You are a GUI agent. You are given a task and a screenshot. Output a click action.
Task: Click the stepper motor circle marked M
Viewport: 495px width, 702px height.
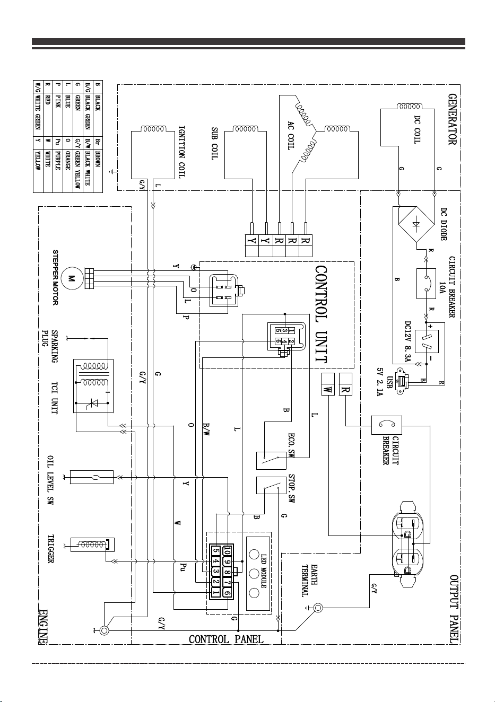tap(72, 278)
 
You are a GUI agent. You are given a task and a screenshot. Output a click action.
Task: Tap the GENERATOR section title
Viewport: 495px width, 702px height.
tap(452, 119)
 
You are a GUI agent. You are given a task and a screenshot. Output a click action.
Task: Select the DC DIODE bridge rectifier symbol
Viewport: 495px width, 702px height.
tap(416, 224)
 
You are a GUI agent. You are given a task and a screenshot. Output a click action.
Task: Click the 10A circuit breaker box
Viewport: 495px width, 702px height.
tap(426, 284)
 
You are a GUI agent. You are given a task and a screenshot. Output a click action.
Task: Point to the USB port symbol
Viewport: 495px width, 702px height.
tap(403, 381)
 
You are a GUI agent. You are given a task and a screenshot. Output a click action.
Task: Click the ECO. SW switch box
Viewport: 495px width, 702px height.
tap(271, 461)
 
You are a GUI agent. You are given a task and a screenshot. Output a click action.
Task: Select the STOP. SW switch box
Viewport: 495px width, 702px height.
tap(271, 486)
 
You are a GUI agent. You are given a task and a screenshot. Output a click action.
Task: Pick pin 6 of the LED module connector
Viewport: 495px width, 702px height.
tap(228, 593)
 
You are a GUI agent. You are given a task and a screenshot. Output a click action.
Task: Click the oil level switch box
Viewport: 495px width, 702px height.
tap(92, 477)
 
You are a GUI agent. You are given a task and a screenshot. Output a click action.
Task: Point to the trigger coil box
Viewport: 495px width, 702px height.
tap(92, 545)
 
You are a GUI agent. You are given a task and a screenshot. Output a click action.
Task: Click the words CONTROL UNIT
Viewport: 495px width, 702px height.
tap(321, 314)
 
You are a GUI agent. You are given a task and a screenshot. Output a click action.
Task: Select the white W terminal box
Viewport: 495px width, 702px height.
tap(328, 384)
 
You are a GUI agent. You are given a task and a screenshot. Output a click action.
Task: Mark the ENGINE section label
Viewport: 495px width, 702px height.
tap(43, 627)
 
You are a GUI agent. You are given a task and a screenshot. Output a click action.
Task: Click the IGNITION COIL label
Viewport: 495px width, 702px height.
tap(181, 152)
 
